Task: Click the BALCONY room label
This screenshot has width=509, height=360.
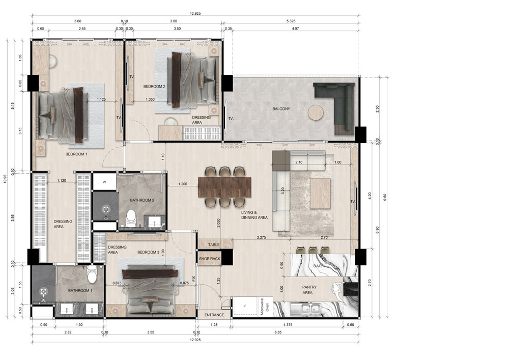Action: pos(281,109)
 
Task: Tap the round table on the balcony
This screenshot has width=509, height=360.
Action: pos(316,113)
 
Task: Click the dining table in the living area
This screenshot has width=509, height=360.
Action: pos(224,187)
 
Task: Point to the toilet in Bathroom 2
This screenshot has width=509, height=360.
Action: pos(131,218)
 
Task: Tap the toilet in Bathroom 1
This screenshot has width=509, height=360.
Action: pos(92,274)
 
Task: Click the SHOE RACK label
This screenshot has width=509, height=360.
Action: pos(210,259)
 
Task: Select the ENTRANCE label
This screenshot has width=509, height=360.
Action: pos(214,315)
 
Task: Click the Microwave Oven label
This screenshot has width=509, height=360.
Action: pos(265,308)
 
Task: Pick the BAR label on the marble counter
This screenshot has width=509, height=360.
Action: pos(318,266)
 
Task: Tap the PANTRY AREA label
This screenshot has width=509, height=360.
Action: pos(309,290)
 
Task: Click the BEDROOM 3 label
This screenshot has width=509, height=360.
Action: pos(148,252)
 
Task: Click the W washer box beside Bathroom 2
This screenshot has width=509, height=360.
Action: pos(104,182)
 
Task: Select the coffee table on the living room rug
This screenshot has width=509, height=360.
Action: pos(320,193)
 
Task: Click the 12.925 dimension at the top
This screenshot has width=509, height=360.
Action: pos(195,14)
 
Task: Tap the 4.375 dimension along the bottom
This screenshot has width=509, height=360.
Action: pos(288,325)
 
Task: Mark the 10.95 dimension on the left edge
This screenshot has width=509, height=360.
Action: pos(5,179)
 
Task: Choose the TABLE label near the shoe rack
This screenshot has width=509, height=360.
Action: pos(214,245)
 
